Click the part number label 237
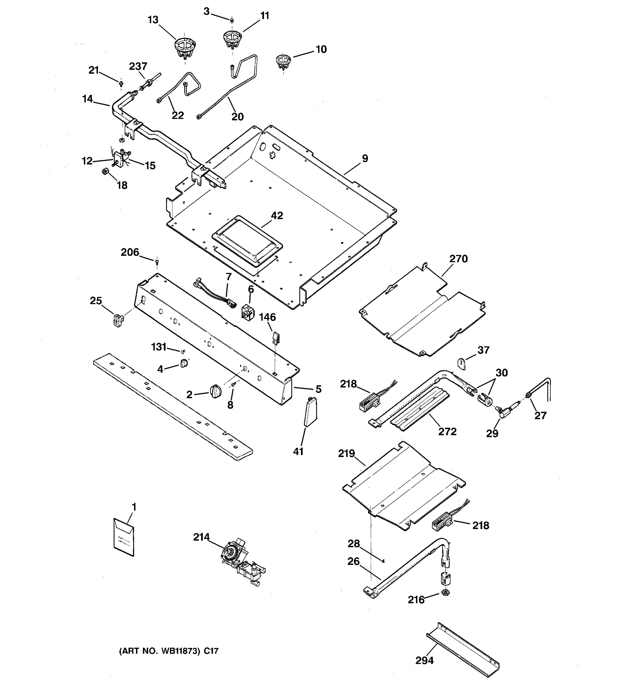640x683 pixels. coord(138,66)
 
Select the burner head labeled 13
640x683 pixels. coord(184,48)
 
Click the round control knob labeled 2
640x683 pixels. coord(215,391)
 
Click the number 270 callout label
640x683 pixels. coord(458,258)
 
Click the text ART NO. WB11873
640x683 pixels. coord(159,651)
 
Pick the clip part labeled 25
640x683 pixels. coord(118,320)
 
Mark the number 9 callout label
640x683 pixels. coord(365,159)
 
